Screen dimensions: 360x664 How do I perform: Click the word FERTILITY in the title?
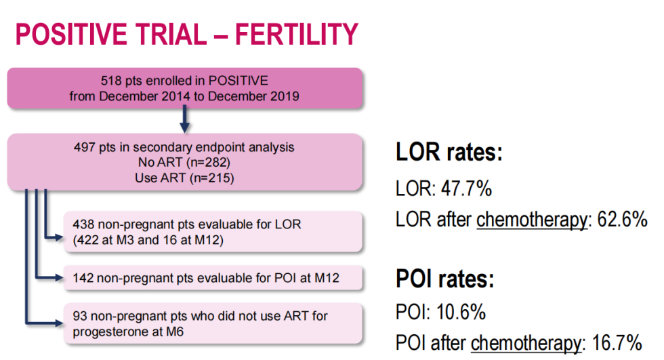point(296,35)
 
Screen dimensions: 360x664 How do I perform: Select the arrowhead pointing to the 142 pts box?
point(58,277)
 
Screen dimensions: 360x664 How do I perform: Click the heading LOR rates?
point(449,153)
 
